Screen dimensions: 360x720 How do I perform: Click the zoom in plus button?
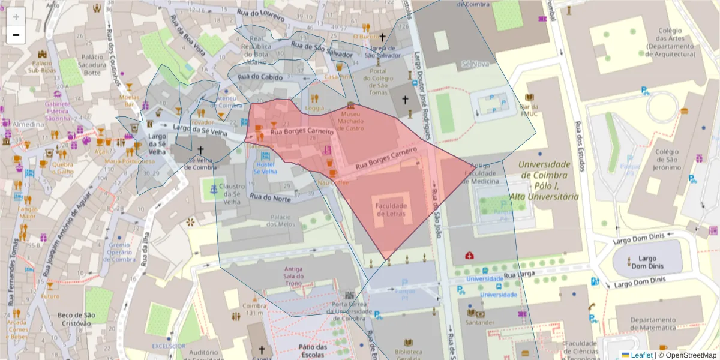[16, 17]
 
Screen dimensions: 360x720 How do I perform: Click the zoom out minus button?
[16, 35]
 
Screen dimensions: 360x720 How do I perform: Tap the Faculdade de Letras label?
[391, 210]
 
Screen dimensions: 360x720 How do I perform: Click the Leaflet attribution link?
[641, 355]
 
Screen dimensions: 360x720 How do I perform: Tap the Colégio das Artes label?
[670, 43]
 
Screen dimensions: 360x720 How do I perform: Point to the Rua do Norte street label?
[270, 197]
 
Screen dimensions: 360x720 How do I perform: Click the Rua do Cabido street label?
[260, 77]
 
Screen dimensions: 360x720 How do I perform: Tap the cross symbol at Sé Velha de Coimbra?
[200, 149]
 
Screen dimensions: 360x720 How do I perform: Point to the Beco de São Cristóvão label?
[76, 319]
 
